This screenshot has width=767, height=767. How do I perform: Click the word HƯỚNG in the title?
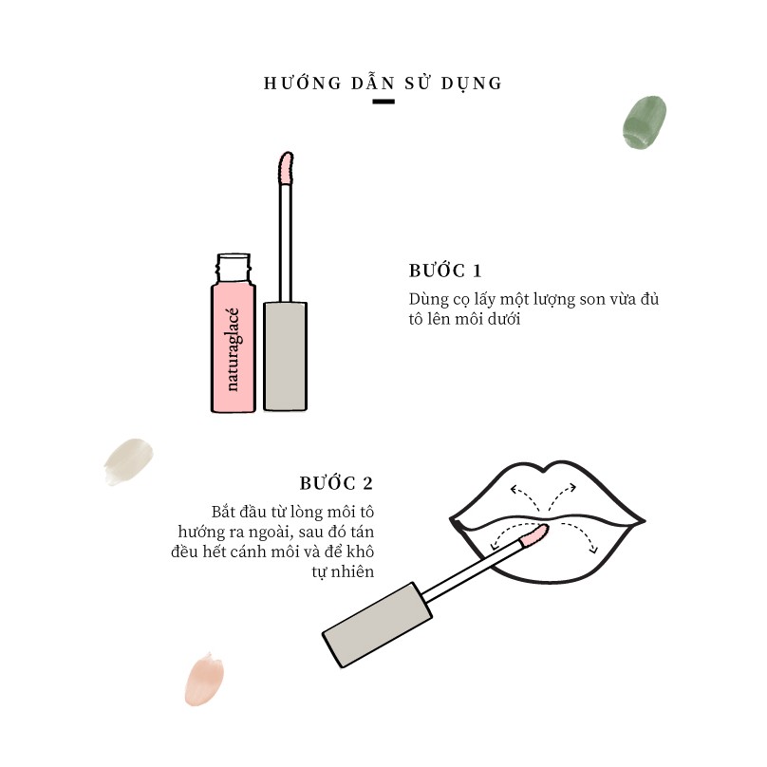(x=303, y=83)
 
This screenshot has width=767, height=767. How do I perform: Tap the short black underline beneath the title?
(x=383, y=102)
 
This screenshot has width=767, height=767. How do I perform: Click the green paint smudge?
(x=645, y=122)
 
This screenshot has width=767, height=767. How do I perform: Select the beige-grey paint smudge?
(x=128, y=461)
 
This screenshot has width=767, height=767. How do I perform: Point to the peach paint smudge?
(x=204, y=679)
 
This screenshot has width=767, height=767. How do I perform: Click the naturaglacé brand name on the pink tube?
(x=233, y=349)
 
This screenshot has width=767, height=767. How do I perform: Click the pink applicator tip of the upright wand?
(x=286, y=168)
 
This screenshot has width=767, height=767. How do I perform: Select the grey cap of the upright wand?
(x=285, y=356)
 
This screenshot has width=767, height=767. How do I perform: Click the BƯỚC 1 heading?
(x=445, y=271)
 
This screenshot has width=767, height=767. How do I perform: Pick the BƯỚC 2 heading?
(x=337, y=483)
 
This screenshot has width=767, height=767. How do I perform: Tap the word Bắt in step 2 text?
(x=223, y=513)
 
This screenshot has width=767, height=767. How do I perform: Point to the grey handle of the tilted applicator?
(x=377, y=625)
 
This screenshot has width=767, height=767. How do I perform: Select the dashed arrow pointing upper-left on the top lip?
(x=524, y=496)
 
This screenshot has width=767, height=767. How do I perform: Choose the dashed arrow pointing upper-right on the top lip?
(x=562, y=496)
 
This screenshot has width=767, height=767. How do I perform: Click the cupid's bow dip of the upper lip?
(x=545, y=472)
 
